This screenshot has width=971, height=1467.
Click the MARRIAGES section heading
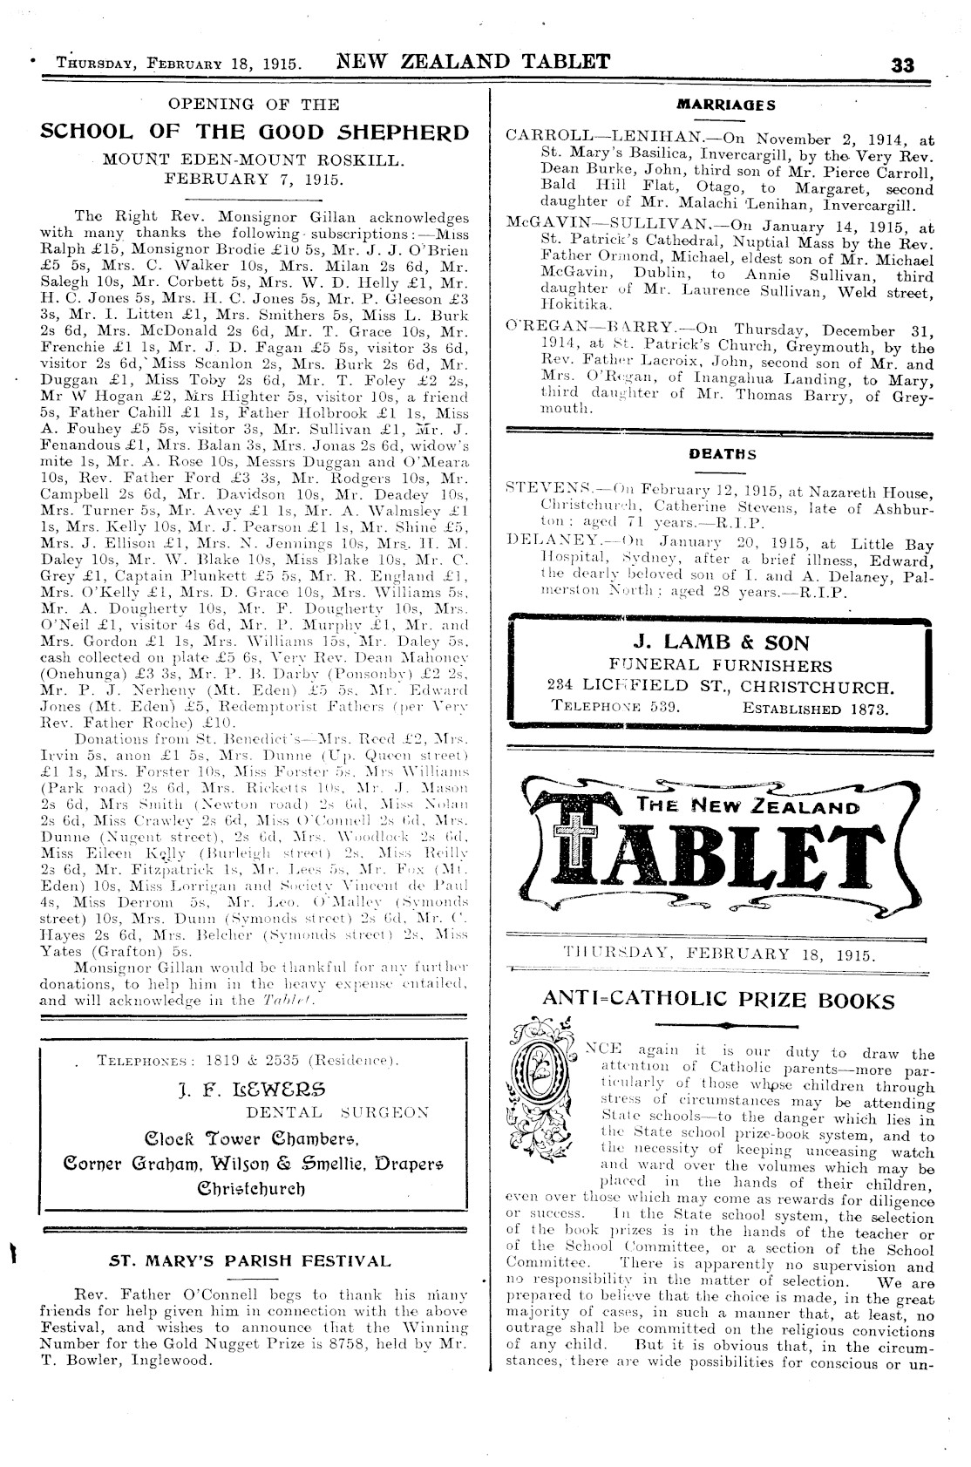tap(727, 105)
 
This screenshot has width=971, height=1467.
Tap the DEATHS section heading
tap(723, 453)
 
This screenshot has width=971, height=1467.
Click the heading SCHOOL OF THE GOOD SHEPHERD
tap(255, 132)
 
